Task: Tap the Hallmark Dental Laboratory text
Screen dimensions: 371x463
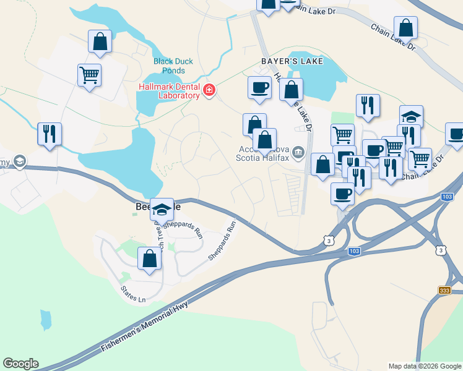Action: [170, 91]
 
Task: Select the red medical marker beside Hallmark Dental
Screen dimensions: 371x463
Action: [209, 91]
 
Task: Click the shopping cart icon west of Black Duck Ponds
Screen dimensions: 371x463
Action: [90, 75]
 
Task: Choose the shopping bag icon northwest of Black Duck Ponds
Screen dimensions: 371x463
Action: [100, 42]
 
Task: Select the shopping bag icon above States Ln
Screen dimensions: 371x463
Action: [149, 258]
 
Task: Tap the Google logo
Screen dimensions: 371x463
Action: [20, 364]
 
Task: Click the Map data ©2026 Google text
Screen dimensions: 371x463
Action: [425, 366]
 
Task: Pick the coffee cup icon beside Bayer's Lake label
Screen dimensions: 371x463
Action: [259, 87]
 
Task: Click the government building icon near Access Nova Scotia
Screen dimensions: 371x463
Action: [298, 151]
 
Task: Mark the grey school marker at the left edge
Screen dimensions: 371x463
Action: [20, 162]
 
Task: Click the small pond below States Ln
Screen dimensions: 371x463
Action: [45, 319]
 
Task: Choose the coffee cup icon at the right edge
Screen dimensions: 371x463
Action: [455, 134]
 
